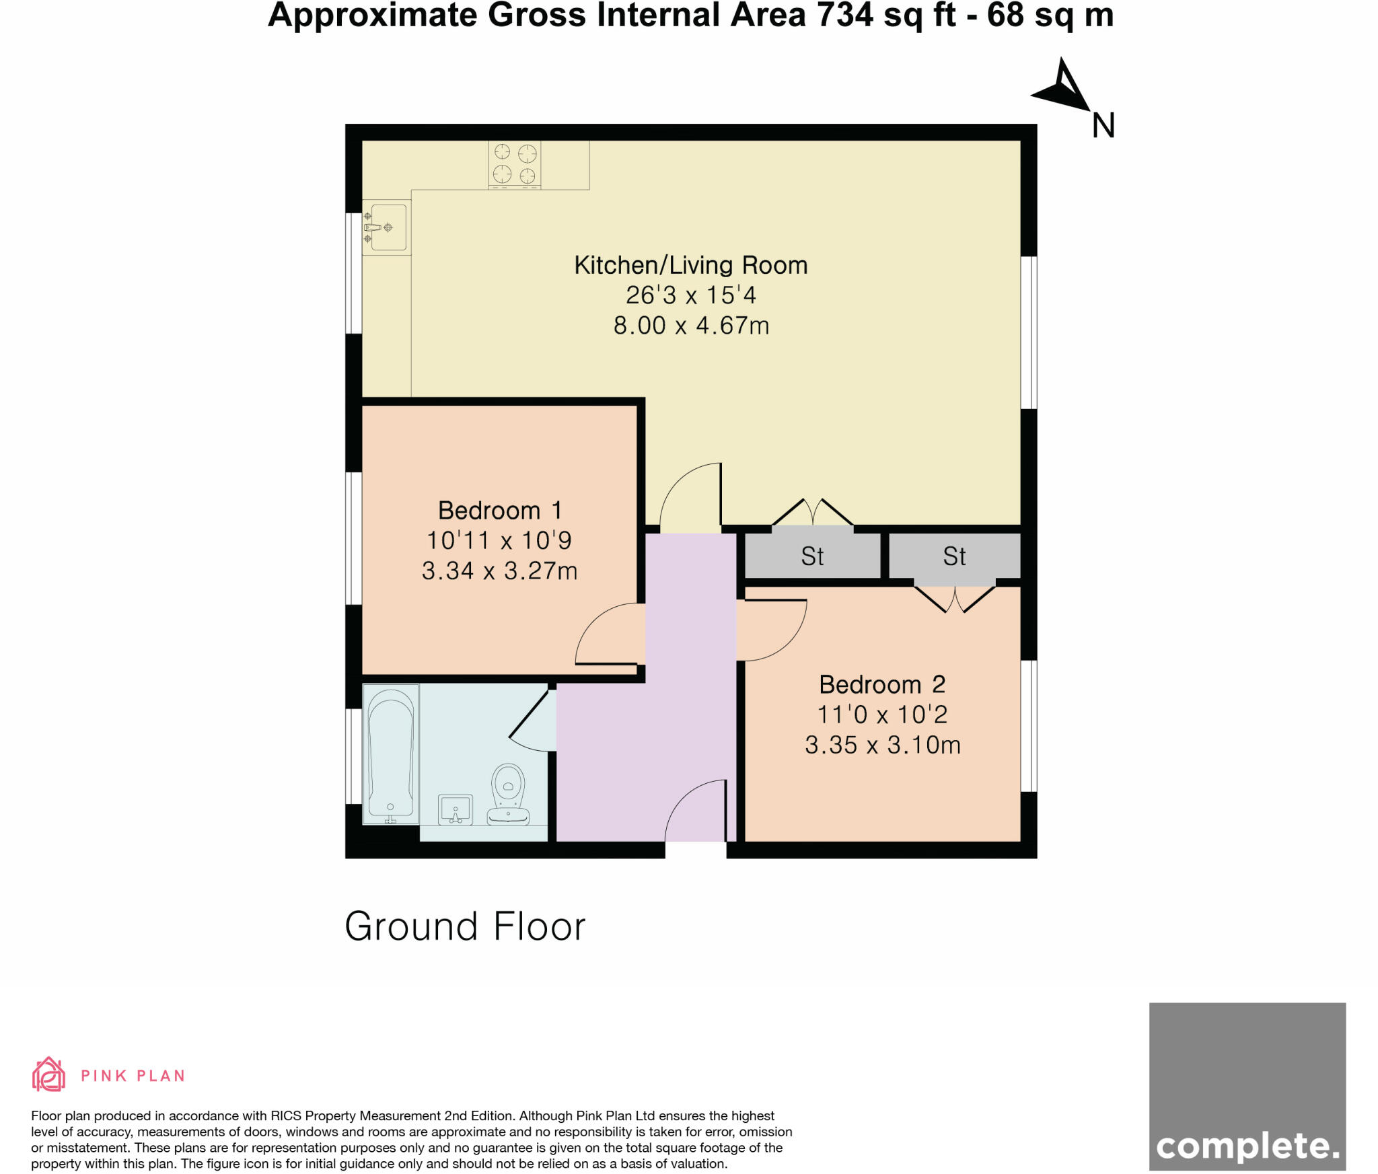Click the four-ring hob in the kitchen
[515, 163]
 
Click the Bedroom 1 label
[499, 511]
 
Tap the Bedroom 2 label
[882, 685]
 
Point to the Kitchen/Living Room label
[690, 265]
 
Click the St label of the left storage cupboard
[812, 556]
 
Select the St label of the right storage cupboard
[954, 556]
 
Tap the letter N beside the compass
[1103, 126]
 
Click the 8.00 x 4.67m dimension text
[691, 326]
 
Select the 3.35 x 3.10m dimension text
[882, 745]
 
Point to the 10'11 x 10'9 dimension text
[499, 540]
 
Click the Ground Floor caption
[465, 926]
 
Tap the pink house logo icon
[49, 1074]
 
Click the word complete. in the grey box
[1247, 1146]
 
